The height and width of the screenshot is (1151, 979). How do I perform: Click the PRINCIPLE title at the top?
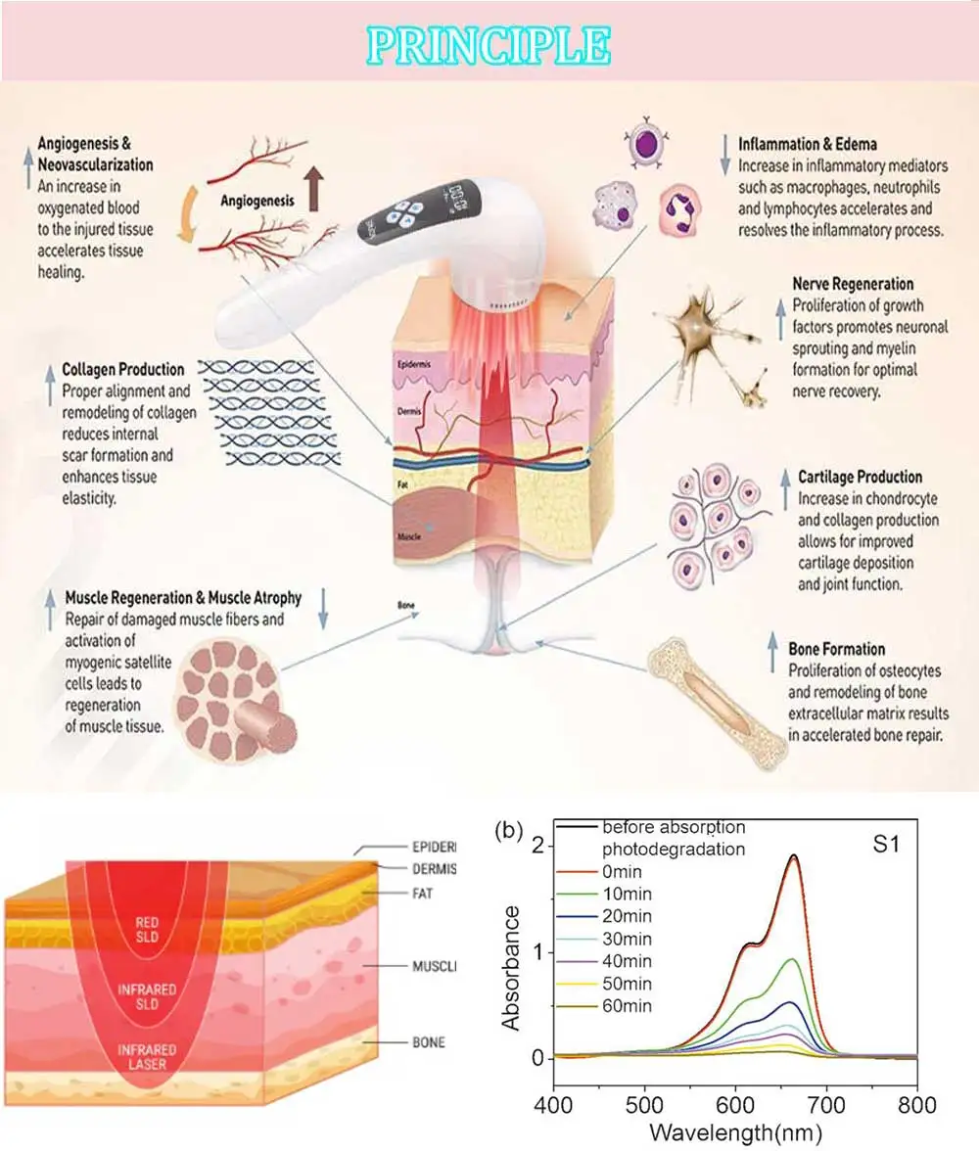489,44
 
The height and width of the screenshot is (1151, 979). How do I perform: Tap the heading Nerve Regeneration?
853,285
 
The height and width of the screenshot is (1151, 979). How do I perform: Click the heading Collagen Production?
122,370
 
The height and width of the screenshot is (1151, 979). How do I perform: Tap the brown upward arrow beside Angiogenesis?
313,189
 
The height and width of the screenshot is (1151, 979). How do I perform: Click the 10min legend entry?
627,894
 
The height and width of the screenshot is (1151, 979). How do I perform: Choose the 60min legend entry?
627,1005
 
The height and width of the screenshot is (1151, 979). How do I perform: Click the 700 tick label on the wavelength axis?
825,1104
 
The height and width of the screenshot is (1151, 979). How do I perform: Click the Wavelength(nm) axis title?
734,1133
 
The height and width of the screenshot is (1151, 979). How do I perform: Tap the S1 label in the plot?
885,845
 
